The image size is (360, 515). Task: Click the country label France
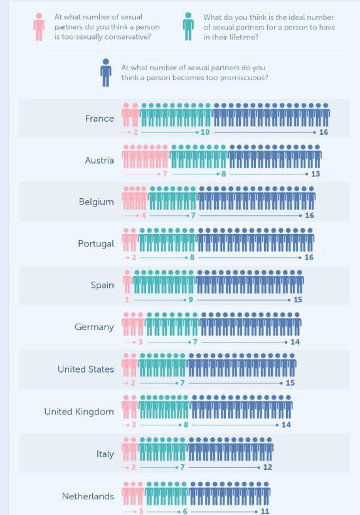[100, 118]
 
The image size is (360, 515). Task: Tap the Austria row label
[100, 161]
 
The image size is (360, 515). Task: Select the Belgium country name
[96, 202]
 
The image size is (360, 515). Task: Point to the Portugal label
[96, 244]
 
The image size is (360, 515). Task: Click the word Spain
[102, 285]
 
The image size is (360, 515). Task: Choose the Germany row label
[94, 327]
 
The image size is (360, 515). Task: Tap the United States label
[86, 369]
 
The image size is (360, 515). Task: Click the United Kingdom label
[79, 411]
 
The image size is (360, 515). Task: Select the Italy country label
[105, 454]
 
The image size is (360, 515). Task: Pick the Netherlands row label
[88, 496]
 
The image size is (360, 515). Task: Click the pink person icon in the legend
[39, 27]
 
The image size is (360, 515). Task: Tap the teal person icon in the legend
[188, 26]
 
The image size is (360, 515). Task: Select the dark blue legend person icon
[106, 73]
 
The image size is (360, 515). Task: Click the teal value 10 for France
[205, 132]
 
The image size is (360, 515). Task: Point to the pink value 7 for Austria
[165, 174]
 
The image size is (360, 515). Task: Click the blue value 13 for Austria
[315, 174]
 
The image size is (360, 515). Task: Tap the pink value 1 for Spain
[127, 300]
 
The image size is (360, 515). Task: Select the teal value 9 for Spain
[191, 300]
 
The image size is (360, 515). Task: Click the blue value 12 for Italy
[268, 467]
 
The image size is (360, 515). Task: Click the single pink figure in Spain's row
[127, 282]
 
